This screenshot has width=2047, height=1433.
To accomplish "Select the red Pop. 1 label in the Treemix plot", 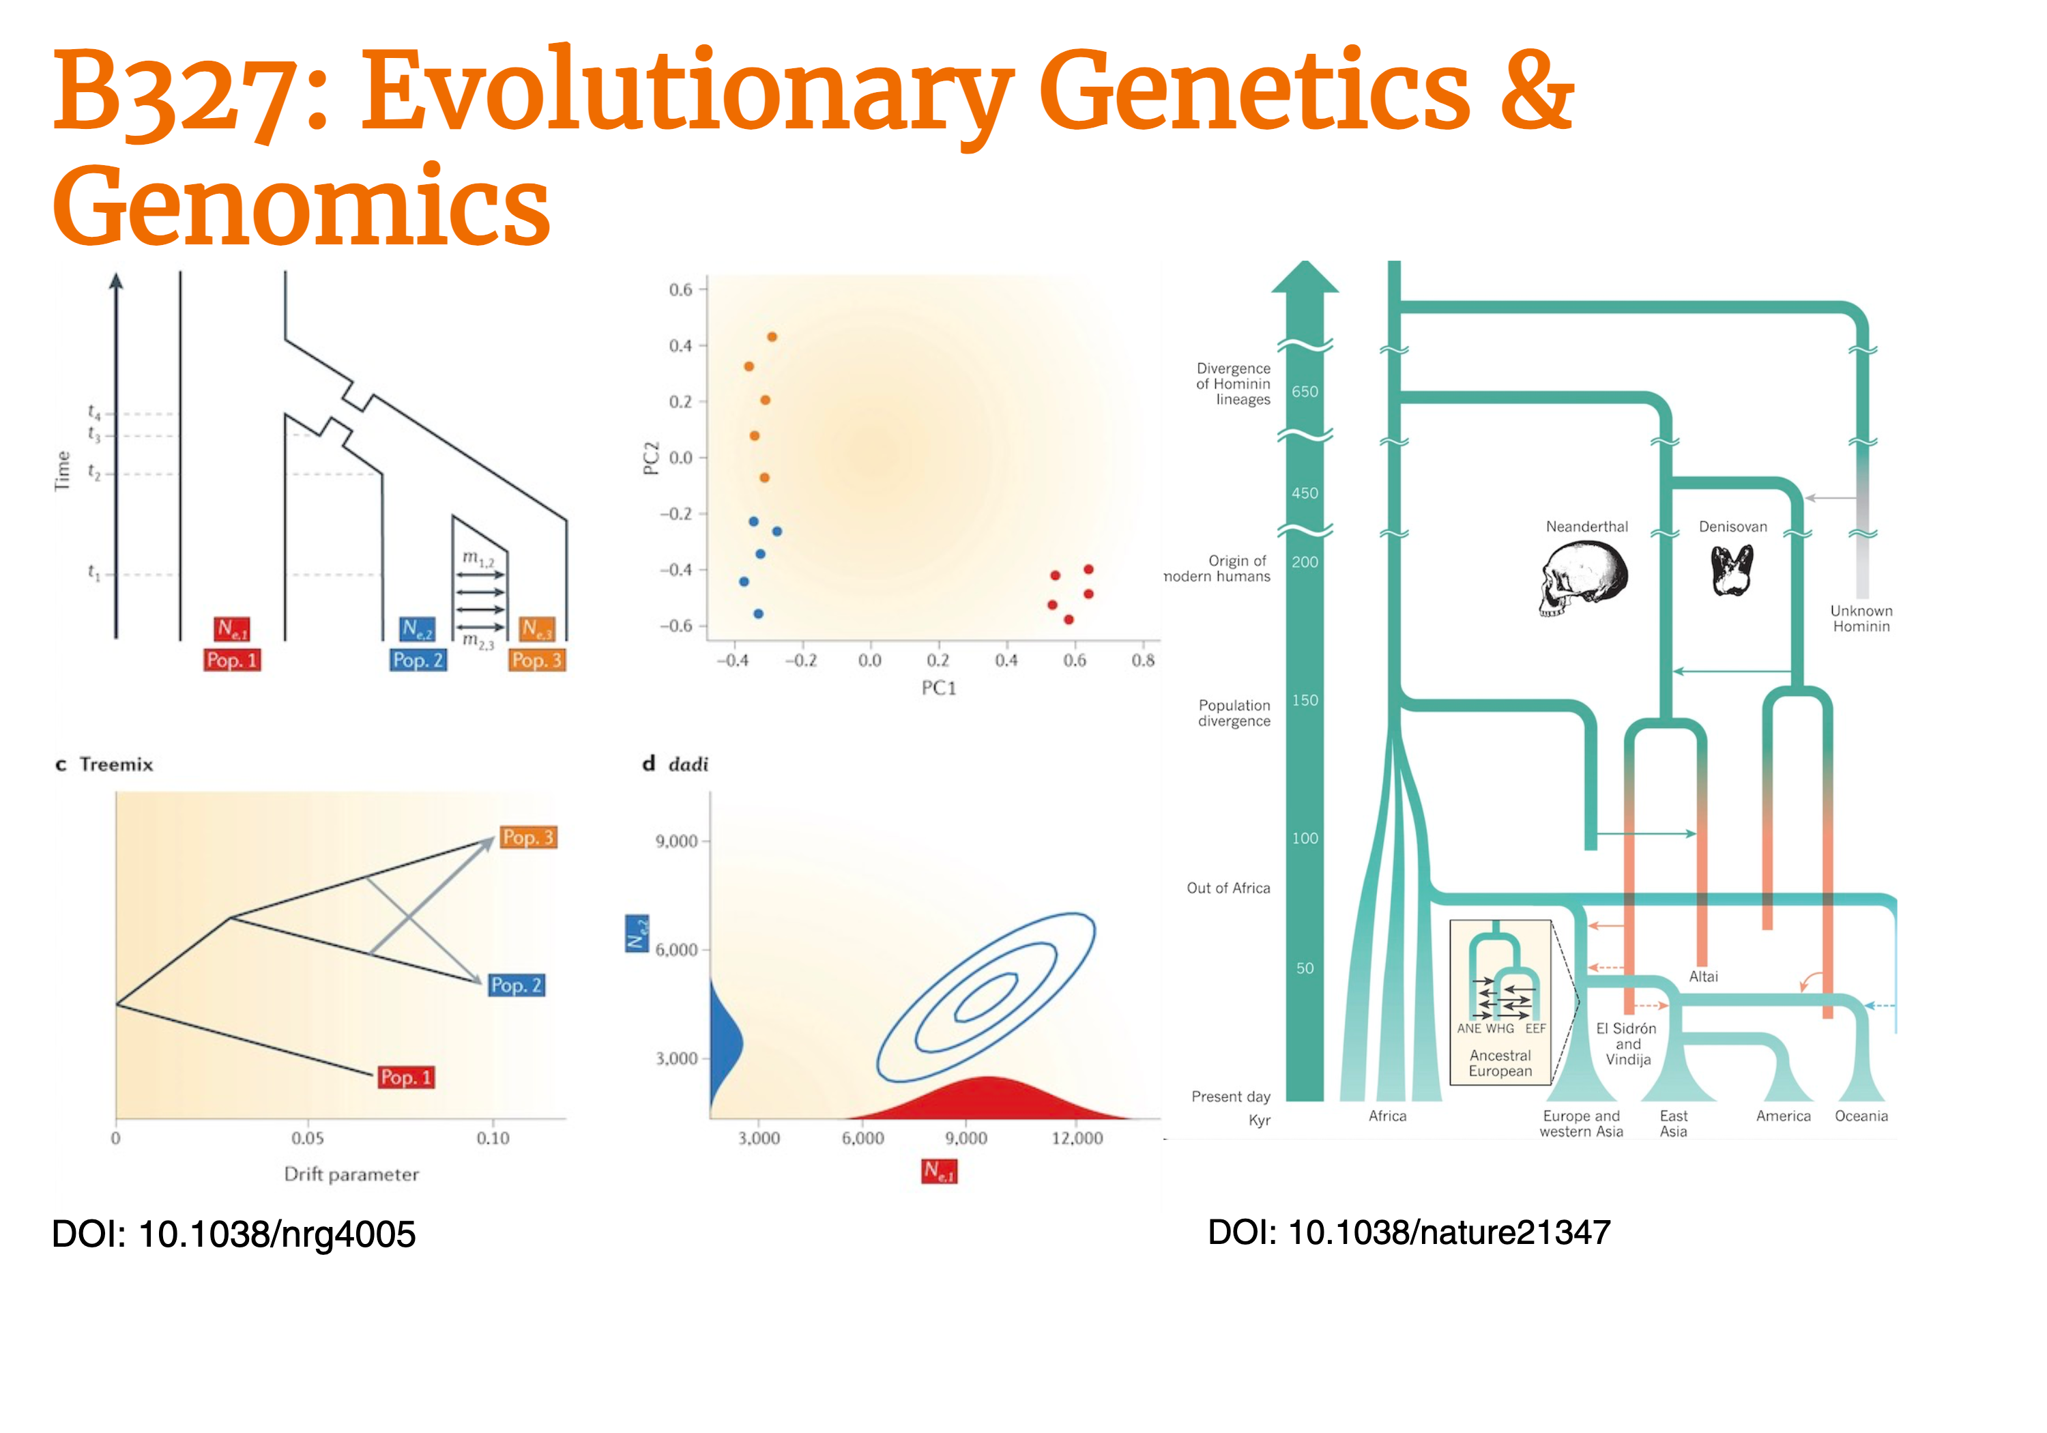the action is [x=406, y=1077].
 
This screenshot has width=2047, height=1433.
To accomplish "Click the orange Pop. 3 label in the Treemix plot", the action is [x=528, y=837].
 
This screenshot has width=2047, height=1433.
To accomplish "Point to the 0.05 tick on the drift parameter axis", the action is [x=308, y=1138].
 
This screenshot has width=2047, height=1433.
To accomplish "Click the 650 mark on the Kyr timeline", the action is [x=1305, y=392].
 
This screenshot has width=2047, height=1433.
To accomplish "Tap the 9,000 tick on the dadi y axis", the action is [x=677, y=841].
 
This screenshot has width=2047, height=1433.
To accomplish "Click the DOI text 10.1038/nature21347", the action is [x=1450, y=1232].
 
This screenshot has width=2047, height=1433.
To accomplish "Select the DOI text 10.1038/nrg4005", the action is [x=277, y=1234].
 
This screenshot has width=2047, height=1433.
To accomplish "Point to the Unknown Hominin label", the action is [x=1861, y=619].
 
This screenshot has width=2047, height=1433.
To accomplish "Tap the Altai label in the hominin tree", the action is [x=1703, y=976].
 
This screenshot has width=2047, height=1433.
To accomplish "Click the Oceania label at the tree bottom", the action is [x=1861, y=1116].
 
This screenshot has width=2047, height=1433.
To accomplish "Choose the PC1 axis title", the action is [x=938, y=688].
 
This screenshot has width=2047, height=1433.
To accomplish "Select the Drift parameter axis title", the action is [x=351, y=1174].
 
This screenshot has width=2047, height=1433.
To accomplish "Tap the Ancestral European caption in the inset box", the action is [x=1500, y=1063].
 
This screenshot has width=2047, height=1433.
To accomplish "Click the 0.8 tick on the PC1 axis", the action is [x=1143, y=660].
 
